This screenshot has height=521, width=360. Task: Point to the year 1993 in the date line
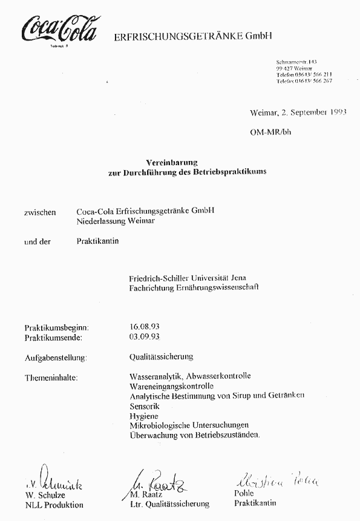coord(334,113)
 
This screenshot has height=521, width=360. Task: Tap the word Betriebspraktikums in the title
coord(233,171)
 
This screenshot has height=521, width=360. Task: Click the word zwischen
coord(40,212)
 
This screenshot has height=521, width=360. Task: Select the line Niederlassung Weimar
coord(115,221)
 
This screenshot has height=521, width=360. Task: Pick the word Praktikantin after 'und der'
coord(98,241)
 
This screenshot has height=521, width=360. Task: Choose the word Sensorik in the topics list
coord(144,407)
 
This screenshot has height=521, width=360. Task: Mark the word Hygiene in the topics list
coord(143,416)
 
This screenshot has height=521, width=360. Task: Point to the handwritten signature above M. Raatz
coord(158,482)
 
